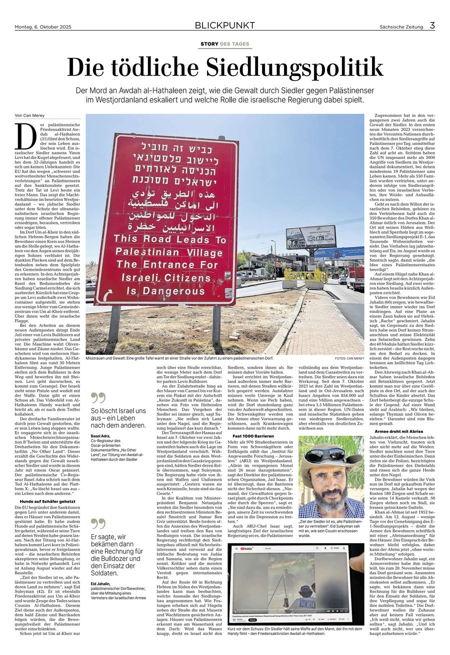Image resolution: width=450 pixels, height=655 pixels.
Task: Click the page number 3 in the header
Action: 432,25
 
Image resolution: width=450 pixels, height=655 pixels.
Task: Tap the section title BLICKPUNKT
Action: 224,25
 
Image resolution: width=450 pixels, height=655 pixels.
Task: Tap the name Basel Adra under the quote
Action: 100,436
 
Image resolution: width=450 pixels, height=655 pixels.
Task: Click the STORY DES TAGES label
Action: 224,44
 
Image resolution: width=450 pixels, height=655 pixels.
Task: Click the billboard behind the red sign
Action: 310,237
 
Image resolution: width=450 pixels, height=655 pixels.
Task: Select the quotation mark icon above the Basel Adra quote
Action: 98,398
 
